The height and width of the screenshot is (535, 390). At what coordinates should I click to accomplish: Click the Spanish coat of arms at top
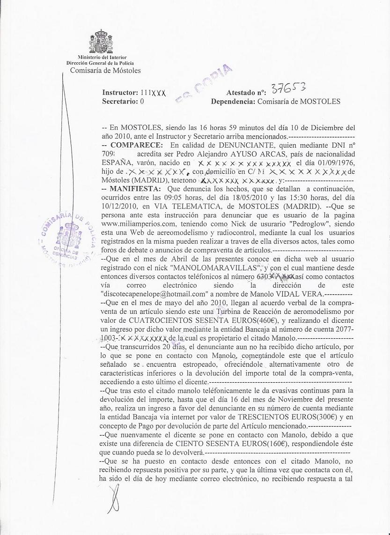(x=100, y=42)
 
